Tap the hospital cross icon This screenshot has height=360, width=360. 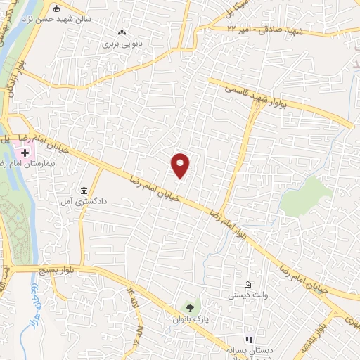(x=25, y=153)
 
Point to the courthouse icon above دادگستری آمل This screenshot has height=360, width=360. (x=84, y=191)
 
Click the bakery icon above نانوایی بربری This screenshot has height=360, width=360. (x=123, y=32)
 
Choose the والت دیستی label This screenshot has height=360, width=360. (x=247, y=295)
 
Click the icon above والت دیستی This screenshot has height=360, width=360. (x=247, y=284)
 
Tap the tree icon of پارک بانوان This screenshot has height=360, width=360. (x=188, y=307)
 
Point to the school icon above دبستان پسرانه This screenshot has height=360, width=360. (x=247, y=340)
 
